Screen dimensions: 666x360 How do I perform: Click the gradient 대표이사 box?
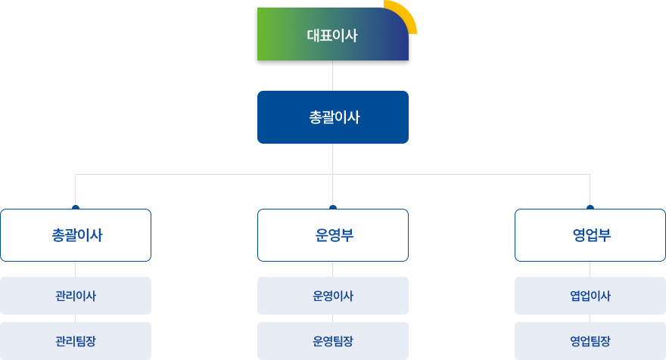[x=332, y=34]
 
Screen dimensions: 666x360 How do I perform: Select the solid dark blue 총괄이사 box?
[x=332, y=117]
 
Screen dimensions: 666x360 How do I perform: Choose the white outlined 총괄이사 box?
[x=76, y=235]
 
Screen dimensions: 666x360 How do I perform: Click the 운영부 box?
[x=332, y=235]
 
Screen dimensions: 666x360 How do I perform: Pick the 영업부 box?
[x=590, y=235]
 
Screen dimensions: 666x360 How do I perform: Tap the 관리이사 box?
[x=76, y=296]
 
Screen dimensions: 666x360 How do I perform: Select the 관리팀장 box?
[x=76, y=341]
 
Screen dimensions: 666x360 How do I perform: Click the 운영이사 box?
[x=332, y=296]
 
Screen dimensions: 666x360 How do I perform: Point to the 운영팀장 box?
[x=332, y=341]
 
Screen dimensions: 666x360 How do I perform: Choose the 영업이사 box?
[x=590, y=296]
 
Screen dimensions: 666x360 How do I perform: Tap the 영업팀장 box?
[x=590, y=341]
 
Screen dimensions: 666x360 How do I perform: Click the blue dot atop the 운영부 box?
[x=332, y=207]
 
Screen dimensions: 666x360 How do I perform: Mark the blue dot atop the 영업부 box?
[x=590, y=207]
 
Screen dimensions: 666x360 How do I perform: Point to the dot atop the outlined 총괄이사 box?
[x=76, y=207]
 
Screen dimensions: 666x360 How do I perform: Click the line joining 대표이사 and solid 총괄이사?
[x=332, y=76]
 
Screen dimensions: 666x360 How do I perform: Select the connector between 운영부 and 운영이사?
[x=332, y=269]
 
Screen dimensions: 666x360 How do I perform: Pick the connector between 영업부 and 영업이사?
[x=590, y=269]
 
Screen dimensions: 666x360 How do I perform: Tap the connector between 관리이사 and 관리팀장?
[x=76, y=318]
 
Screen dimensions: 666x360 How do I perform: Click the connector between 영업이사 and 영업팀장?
[x=590, y=318]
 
